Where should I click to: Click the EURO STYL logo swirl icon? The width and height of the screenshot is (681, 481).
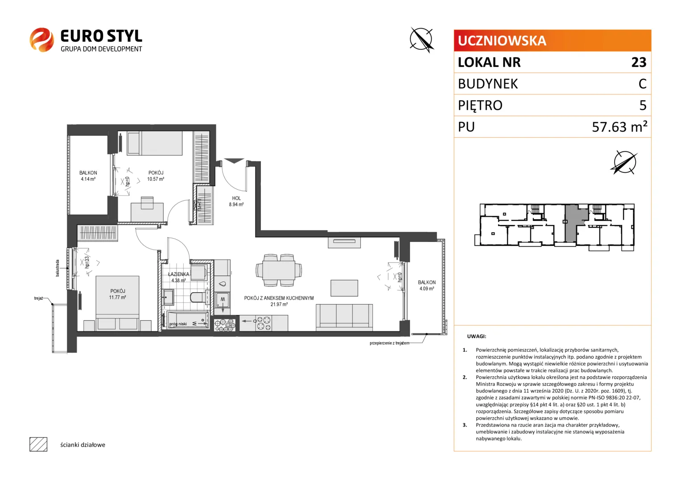41,40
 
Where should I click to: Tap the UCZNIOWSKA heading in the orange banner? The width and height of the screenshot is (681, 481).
502,41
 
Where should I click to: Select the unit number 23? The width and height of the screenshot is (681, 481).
639,62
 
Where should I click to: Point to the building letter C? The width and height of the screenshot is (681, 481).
642,84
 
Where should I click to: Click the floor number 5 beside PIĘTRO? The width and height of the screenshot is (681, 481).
643,106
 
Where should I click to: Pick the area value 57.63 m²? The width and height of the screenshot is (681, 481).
619,126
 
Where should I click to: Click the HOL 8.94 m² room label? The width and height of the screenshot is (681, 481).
236,201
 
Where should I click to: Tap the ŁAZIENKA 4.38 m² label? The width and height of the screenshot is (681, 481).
178,277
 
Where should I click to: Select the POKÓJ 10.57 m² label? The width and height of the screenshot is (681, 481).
156,176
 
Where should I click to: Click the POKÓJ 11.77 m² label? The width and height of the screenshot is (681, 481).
117,294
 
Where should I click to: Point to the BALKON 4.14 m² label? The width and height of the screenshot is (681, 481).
88,176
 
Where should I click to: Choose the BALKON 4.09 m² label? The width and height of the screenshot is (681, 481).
426,285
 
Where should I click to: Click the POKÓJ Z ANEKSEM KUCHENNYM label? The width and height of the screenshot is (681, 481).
279,298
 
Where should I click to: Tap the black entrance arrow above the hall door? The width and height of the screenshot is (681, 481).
234,161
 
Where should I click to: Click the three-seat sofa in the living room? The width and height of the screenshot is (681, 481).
344,317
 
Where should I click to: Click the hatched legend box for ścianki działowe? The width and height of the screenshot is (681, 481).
38,444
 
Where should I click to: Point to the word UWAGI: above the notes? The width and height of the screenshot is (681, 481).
476,336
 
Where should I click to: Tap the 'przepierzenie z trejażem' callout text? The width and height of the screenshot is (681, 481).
389,343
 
